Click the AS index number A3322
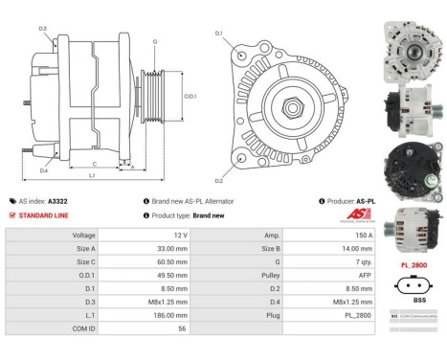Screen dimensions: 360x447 tap(59, 202)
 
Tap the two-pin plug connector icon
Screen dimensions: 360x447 tap(413, 284)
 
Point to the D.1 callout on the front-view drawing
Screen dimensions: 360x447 tap(218, 34)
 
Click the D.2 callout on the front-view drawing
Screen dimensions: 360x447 tap(218, 180)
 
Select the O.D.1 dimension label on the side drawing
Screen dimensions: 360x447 tap(189, 96)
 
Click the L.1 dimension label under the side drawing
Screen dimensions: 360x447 tap(91, 175)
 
